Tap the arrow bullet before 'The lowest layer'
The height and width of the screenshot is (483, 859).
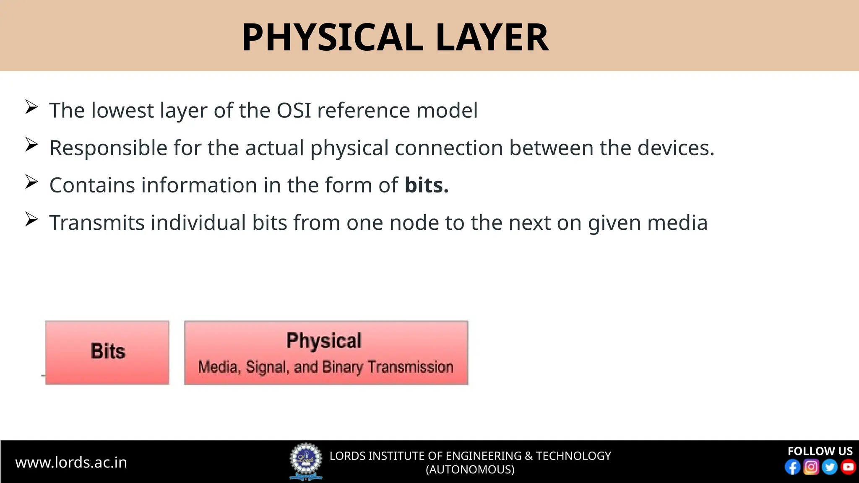pyautogui.click(x=31, y=107)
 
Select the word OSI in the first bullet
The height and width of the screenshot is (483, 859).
pyautogui.click(x=294, y=111)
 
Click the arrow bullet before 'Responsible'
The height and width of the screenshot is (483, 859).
pyautogui.click(x=31, y=145)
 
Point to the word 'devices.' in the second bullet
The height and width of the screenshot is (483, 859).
pyautogui.click(x=676, y=148)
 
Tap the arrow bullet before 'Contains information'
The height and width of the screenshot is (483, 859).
pyautogui.click(x=31, y=182)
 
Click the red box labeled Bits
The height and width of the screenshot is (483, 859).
pyautogui.click(x=107, y=353)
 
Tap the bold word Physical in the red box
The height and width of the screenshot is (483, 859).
pyautogui.click(x=324, y=340)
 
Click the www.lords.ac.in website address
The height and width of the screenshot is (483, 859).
pyautogui.click(x=71, y=462)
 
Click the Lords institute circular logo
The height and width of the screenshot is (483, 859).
pyautogui.click(x=306, y=460)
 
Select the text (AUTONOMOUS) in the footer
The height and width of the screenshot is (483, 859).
pyautogui.click(x=470, y=470)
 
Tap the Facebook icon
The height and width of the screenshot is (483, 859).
pyautogui.click(x=792, y=467)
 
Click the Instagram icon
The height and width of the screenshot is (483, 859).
pyautogui.click(x=811, y=467)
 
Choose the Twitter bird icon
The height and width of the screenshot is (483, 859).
pyautogui.click(x=830, y=467)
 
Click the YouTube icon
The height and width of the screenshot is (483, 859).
pyautogui.click(x=848, y=467)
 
